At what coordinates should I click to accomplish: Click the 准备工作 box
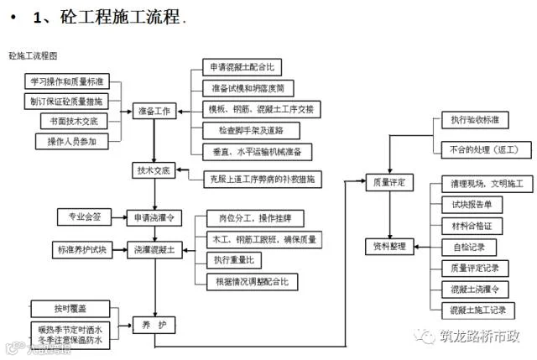(154, 111)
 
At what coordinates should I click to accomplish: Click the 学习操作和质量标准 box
(66, 81)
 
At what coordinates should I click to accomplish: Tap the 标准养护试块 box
(81, 250)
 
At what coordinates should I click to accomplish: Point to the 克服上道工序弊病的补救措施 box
(263, 178)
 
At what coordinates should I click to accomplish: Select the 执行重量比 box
(239, 260)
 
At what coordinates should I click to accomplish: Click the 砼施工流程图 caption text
(33, 55)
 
